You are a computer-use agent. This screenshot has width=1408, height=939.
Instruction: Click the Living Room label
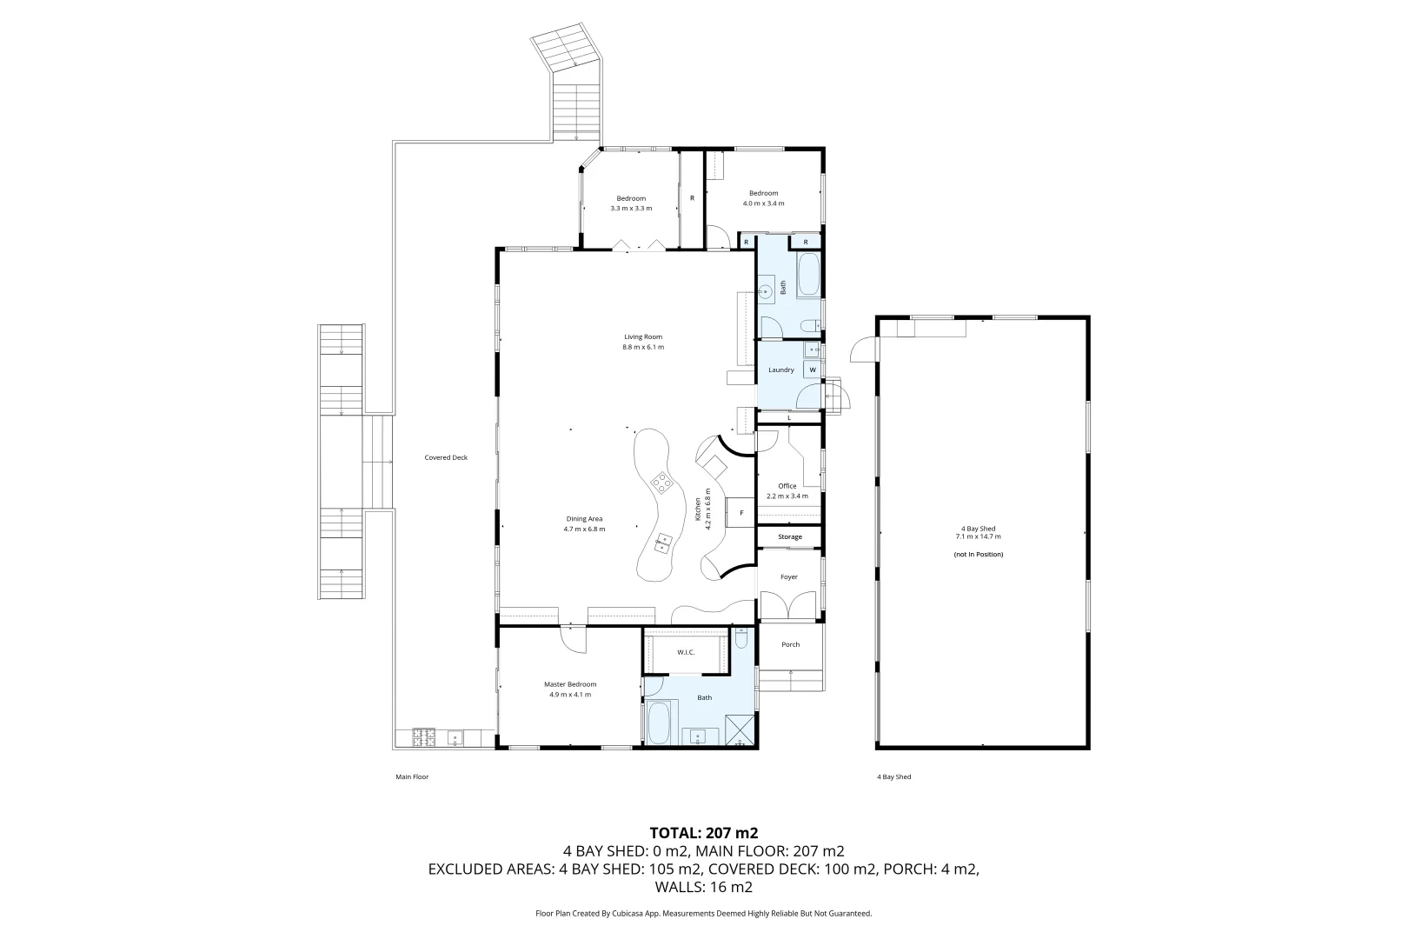(643, 337)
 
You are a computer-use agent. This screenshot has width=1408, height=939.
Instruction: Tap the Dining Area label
(584, 519)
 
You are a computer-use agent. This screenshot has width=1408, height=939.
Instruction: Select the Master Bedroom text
(570, 684)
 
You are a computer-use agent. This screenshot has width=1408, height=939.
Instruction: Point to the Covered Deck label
(446, 458)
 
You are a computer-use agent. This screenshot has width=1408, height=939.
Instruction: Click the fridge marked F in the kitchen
(741, 513)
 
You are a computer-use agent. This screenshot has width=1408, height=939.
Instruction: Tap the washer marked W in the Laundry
(812, 370)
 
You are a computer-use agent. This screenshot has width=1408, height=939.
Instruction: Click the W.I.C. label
(686, 652)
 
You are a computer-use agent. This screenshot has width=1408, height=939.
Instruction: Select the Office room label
(787, 486)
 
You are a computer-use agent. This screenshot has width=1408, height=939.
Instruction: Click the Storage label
(789, 537)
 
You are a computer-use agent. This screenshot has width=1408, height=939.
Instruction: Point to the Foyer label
(789, 576)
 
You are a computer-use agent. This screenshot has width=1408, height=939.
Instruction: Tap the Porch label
(790, 644)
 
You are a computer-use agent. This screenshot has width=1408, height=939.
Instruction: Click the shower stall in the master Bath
(740, 730)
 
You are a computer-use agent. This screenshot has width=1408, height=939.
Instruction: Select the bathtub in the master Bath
(660, 723)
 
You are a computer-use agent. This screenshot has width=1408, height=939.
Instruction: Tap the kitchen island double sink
(662, 543)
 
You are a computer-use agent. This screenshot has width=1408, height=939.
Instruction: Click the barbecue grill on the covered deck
(423, 737)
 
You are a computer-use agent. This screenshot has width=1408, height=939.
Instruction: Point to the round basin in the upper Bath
(765, 291)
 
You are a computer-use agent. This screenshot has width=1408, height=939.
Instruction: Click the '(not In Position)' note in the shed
(978, 555)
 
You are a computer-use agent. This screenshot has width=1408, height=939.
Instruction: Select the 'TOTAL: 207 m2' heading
(703, 833)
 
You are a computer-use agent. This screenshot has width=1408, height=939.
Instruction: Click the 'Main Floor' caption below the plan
(412, 776)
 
